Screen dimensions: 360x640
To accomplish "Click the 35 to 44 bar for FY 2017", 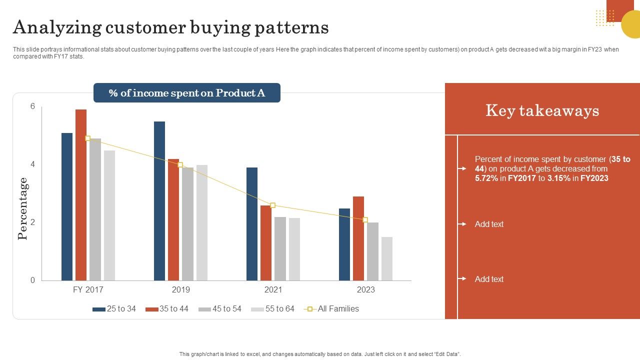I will click(81, 195).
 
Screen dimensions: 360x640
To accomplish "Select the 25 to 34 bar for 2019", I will click(159, 201).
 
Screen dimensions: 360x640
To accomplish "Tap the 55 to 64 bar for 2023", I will click(387, 258).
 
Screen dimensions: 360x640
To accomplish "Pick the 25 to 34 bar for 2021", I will click(252, 224).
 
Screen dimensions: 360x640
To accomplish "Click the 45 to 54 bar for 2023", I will click(372, 251).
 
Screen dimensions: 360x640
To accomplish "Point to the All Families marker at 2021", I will click(272, 205).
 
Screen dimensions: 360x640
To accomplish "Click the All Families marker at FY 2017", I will click(87, 138).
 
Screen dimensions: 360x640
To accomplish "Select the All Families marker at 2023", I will click(365, 220).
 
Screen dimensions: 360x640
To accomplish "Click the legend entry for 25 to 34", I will click(114, 309).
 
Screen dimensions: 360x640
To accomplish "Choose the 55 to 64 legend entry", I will click(273, 309).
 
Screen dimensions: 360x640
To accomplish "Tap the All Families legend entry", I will click(332, 309).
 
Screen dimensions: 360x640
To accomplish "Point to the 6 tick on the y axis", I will click(33, 106).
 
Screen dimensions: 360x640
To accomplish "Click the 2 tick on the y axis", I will click(33, 222).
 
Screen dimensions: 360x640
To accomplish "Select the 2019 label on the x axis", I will click(180, 290).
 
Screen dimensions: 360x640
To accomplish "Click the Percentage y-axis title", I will click(23, 208).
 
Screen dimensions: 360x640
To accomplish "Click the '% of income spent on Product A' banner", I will click(187, 93).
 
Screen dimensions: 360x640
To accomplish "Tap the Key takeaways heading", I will click(542, 110).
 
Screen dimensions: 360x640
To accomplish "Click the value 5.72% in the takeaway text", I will click(486, 178).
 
